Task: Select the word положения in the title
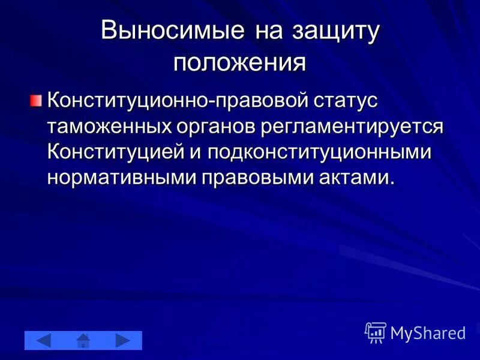point(240,62)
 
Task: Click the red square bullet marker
point(37,99)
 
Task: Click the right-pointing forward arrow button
point(123,340)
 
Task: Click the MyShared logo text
point(428,332)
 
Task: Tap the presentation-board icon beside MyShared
point(376,332)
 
